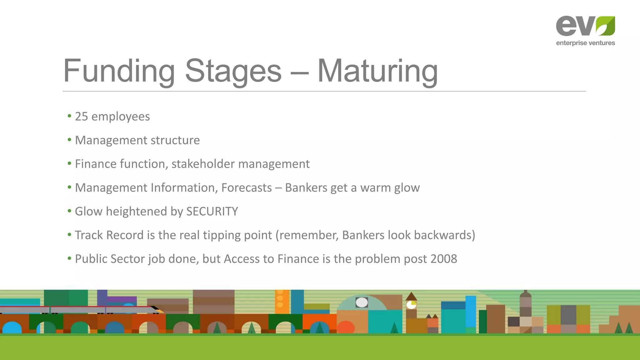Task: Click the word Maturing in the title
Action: click(377, 71)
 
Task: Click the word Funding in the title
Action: click(119, 71)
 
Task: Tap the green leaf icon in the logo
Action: click(605, 26)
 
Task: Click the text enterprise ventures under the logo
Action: click(585, 43)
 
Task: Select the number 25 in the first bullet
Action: click(82, 117)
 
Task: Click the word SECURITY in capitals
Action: click(212, 212)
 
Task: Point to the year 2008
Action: click(443, 259)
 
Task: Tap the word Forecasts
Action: click(247, 188)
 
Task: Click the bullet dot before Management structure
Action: click(69, 140)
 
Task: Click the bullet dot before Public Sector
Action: click(69, 258)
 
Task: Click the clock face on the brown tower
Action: click(411, 305)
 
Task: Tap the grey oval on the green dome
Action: click(362, 302)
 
